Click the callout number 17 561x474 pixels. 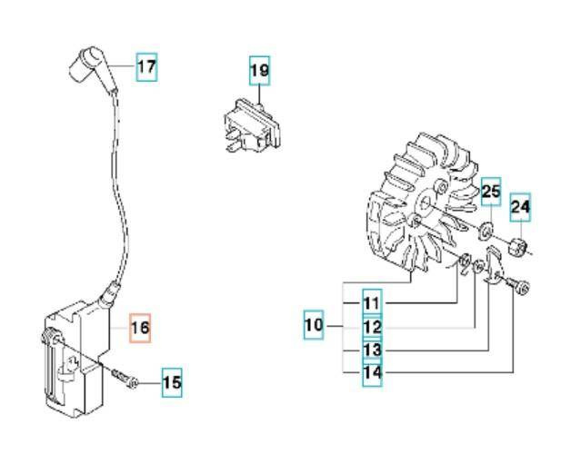[x=146, y=66]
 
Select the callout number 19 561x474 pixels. [x=260, y=69]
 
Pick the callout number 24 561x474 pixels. [x=519, y=208]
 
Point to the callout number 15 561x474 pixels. [x=172, y=383]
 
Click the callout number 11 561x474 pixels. [x=372, y=301]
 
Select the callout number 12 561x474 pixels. [x=372, y=326]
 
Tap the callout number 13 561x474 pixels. [x=372, y=350]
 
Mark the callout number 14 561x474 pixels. [x=372, y=372]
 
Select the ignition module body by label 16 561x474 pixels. [x=77, y=359]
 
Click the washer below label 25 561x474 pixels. [x=486, y=228]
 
